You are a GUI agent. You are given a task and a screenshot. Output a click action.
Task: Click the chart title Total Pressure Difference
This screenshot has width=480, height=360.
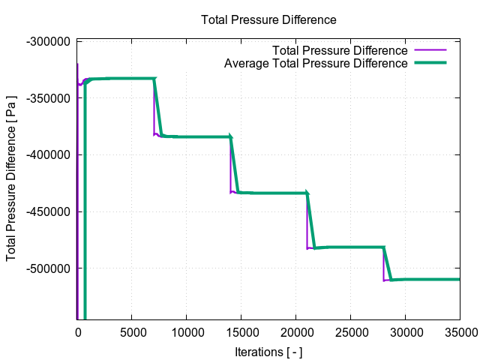tap(268, 19)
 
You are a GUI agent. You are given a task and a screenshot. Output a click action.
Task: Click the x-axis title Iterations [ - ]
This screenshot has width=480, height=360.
tap(268, 351)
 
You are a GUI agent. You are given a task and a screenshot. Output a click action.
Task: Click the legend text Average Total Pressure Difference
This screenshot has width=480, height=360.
tap(315, 63)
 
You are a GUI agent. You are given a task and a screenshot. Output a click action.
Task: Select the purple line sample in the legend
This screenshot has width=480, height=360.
tap(430, 50)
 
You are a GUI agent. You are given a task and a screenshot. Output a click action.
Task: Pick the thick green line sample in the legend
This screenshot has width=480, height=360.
tap(430, 63)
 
